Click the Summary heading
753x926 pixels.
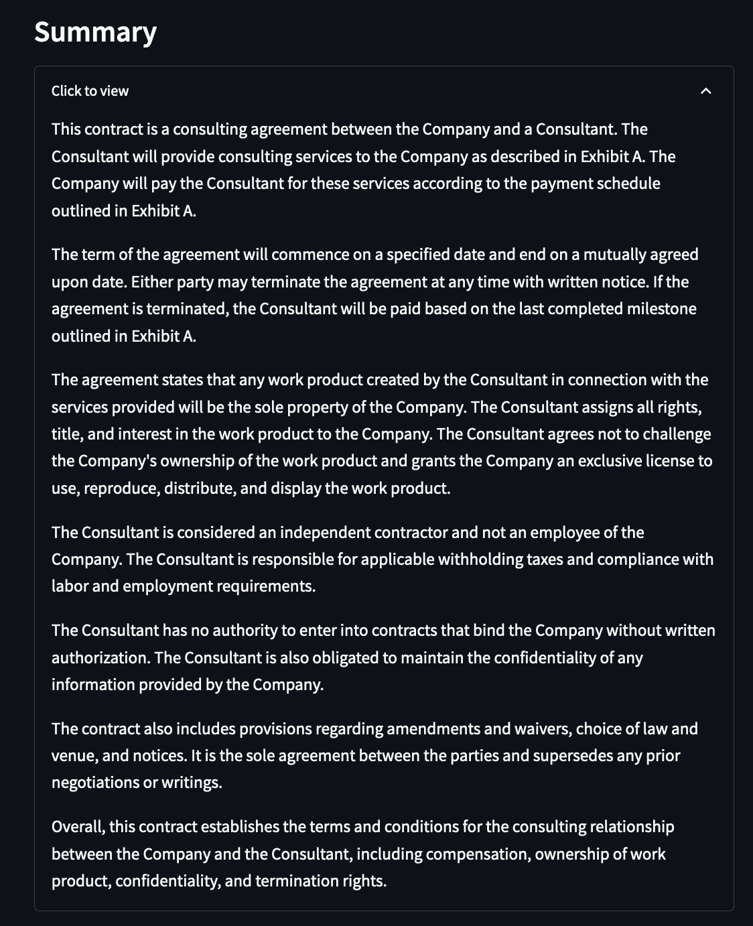95,32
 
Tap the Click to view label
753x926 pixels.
90,91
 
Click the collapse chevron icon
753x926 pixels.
705,91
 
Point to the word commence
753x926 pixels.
304,255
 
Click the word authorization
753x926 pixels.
100,658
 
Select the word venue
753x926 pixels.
74,756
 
